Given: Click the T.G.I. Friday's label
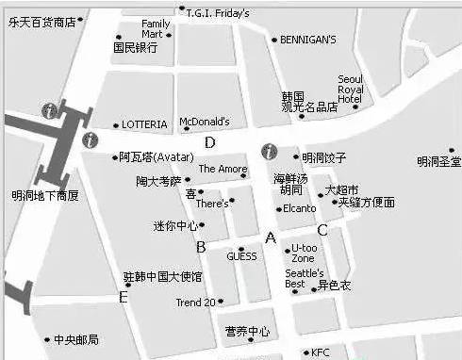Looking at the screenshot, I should tap(218, 13).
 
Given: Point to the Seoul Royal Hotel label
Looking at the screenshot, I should tap(350, 89).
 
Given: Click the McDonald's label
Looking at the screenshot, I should tap(204, 122).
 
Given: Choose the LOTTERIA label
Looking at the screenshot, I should tap(144, 124).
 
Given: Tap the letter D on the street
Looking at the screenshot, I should tap(210, 142).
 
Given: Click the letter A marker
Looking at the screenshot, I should tap(271, 238).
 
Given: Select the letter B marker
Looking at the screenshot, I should tap(201, 247).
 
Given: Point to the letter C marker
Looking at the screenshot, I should tap(322, 230).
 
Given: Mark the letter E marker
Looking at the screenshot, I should tap(123, 297).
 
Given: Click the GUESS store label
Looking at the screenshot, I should tap(241, 255).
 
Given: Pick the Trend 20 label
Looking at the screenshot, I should tap(196, 303).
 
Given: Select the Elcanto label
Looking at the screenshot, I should tap(299, 208).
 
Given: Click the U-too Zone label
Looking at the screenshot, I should tap(304, 253).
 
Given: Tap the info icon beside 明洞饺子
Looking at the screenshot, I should tap(270, 151).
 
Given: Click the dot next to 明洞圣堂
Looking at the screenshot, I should tap(452, 150).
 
